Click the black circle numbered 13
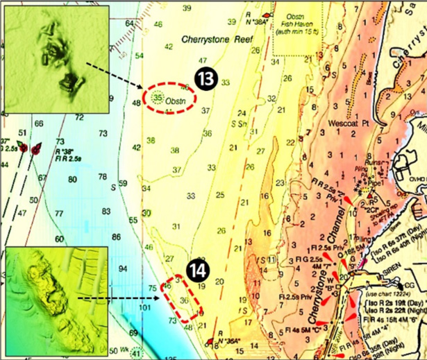[x=206, y=80]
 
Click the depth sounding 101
[x=145, y=307]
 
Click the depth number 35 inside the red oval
[x=158, y=98]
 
